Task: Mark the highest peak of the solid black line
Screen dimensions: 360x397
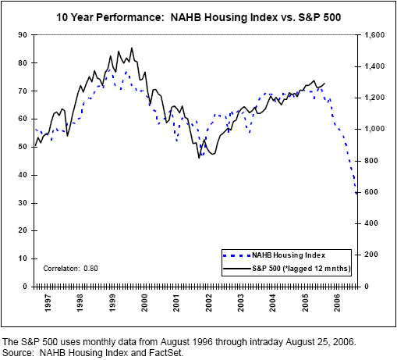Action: point(131,48)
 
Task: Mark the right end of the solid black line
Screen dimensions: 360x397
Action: point(325,83)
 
